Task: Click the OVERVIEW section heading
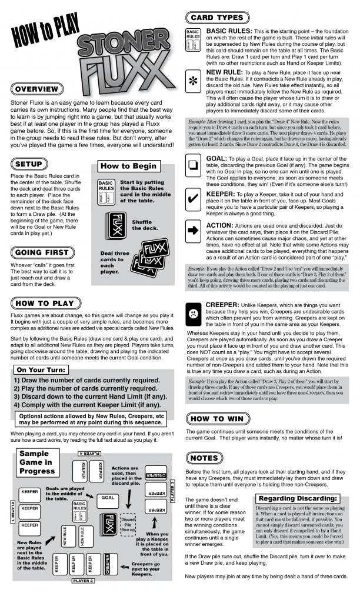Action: coord(36,89)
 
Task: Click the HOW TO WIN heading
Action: coord(216,418)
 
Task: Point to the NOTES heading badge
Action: coord(204,458)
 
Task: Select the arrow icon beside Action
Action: coord(193,230)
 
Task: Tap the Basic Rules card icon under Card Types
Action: coord(193,39)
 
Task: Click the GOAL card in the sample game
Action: coord(107,497)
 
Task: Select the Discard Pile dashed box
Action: coord(128,522)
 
